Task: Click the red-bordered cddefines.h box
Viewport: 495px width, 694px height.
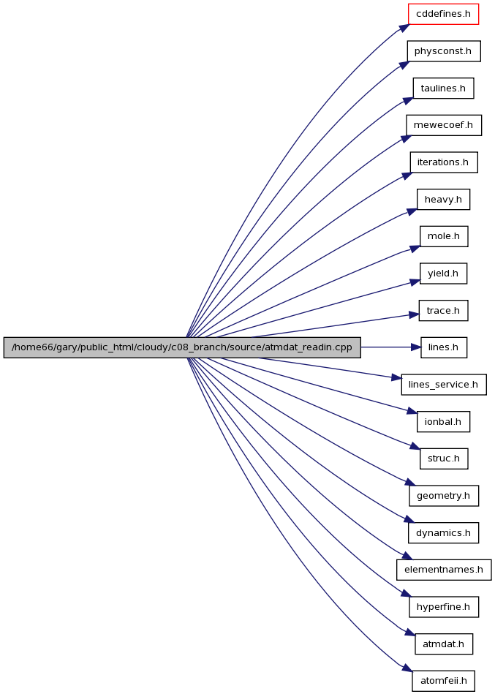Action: pyautogui.click(x=443, y=14)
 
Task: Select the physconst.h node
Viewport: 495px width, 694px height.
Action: pyautogui.click(x=444, y=51)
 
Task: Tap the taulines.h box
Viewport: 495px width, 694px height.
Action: pyautogui.click(x=443, y=88)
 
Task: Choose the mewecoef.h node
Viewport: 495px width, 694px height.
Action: pyautogui.click(x=444, y=125)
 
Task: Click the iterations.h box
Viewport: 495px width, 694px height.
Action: pyautogui.click(x=444, y=162)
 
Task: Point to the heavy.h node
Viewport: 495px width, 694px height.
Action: pyautogui.click(x=443, y=199)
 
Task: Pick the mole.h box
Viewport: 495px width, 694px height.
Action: pyautogui.click(x=444, y=236)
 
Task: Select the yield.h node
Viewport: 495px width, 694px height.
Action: pyautogui.click(x=443, y=274)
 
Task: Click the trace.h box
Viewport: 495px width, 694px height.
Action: pyautogui.click(x=443, y=310)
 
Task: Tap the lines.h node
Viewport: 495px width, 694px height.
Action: pyautogui.click(x=443, y=347)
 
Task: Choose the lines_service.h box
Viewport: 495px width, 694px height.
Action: pyautogui.click(x=444, y=385)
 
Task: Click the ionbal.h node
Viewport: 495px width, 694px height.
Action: pyautogui.click(x=443, y=421)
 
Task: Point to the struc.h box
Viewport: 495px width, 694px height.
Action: pyautogui.click(x=444, y=459)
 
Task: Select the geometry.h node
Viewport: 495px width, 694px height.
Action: pyautogui.click(x=444, y=496)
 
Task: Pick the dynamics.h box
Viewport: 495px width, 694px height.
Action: pyautogui.click(x=443, y=533)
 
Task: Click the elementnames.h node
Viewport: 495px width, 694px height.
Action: pyautogui.click(x=444, y=570)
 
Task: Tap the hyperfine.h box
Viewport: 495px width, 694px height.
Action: pyautogui.click(x=444, y=607)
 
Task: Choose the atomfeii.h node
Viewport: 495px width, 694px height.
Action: pyautogui.click(x=444, y=681)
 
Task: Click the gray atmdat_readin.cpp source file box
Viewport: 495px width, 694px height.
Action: pyautogui.click(x=182, y=347)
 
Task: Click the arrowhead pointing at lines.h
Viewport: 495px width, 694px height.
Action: pyautogui.click(x=416, y=347)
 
